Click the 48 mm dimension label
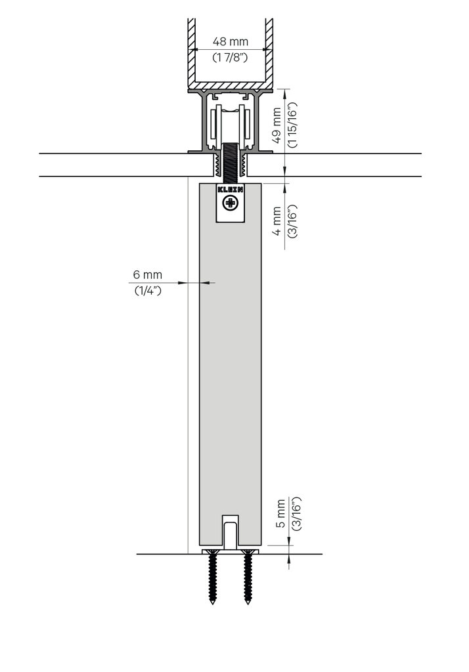click(x=230, y=41)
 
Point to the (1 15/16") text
click(x=292, y=125)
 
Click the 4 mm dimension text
click(x=277, y=220)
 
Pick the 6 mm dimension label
click(x=147, y=274)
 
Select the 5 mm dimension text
click(x=280, y=514)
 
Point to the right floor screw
click(x=248, y=577)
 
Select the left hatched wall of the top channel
click(x=192, y=46)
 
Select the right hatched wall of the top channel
click(x=269, y=46)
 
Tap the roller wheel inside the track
click(x=230, y=125)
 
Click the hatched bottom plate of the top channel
click(x=230, y=86)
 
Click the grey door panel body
click(x=230, y=361)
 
